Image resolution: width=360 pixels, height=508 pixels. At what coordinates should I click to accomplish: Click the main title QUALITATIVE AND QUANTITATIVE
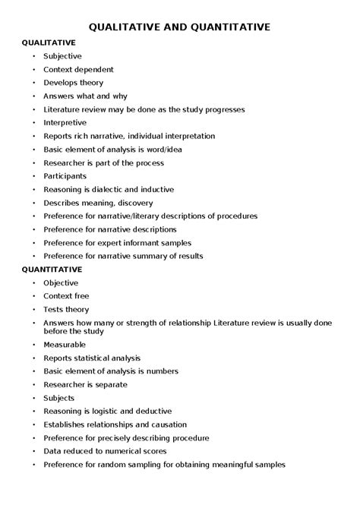(x=179, y=27)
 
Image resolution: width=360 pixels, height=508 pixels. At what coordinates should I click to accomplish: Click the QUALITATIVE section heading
(x=49, y=43)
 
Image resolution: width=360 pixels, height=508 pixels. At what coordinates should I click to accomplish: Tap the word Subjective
(x=62, y=56)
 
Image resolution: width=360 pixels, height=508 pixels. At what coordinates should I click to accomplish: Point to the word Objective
(x=61, y=282)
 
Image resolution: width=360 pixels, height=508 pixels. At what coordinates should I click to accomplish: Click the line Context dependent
(x=79, y=69)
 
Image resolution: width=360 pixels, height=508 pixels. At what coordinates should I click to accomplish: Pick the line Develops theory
(x=73, y=83)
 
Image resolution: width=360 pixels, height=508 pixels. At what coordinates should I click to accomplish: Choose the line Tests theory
(x=66, y=309)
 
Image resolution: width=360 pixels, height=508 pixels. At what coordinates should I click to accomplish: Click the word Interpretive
(x=65, y=122)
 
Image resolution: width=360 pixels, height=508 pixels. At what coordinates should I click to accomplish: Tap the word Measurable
(x=65, y=344)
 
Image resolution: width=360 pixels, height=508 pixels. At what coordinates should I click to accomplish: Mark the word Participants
(x=65, y=176)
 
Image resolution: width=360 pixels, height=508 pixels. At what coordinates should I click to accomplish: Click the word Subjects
(x=59, y=398)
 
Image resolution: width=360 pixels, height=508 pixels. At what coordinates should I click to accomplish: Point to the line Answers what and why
(x=85, y=96)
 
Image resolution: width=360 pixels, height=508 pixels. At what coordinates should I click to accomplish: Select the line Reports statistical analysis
(x=92, y=358)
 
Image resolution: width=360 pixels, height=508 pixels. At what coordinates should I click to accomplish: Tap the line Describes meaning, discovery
(x=98, y=203)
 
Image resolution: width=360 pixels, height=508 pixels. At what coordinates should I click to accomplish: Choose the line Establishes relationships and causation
(x=115, y=424)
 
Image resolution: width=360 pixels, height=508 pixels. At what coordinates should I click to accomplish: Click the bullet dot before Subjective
(x=33, y=56)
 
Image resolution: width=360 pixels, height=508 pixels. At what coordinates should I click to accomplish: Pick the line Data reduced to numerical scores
(x=104, y=451)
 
